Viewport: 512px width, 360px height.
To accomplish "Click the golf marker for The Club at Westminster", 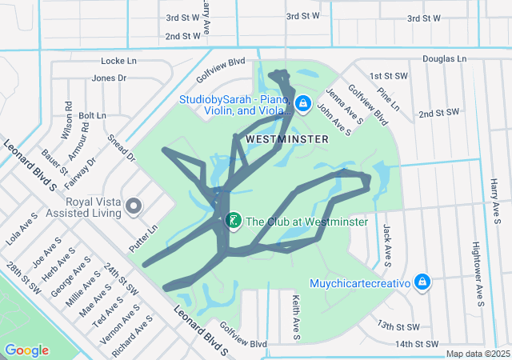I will tap(233, 220).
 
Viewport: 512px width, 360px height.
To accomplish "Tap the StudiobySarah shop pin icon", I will tap(303, 103).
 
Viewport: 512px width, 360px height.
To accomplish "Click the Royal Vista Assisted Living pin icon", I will tap(134, 207).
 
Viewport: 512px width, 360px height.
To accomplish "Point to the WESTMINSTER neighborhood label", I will tap(287, 139).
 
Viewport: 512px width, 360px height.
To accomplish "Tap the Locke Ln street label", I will tap(119, 61).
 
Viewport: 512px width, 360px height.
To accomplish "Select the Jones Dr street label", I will tap(109, 78).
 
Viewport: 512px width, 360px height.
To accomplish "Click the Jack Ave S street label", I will tap(386, 245).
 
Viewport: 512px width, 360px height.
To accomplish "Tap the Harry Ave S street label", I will tap(496, 196).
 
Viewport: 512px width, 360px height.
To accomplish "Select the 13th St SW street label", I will tap(399, 326).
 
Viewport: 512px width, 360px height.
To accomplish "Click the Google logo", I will tap(26, 350).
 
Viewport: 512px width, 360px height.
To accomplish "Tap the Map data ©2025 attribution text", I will tap(477, 354).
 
